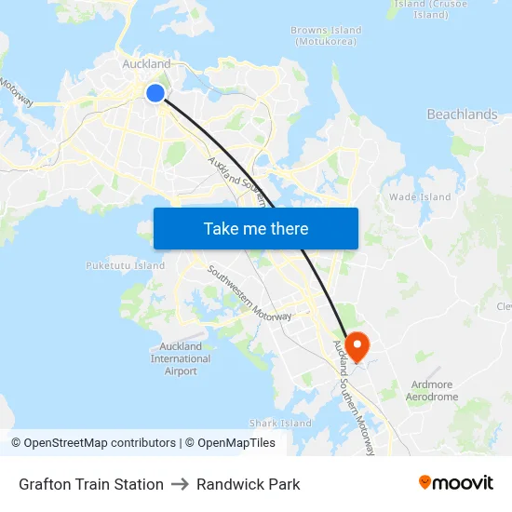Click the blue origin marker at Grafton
point(155,92)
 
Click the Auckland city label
point(147,64)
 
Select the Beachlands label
point(462,115)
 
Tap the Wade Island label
point(420,197)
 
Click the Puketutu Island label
point(125,265)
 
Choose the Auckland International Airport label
point(181,358)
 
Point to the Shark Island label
point(280,424)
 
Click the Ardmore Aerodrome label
point(432,390)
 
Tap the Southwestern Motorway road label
point(249,294)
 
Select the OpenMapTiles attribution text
point(235,443)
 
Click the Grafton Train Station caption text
point(91,484)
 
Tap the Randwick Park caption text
point(248,484)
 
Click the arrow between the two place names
point(180,484)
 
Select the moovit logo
point(456,482)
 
